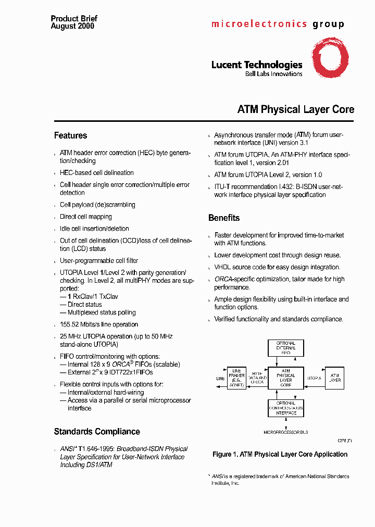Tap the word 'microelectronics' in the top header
pyautogui.click(x=259, y=24)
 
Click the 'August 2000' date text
pyautogui.click(x=72, y=26)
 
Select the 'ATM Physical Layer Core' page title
pyautogui.click(x=295, y=110)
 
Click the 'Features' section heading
pyautogui.click(x=70, y=135)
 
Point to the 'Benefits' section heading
pyautogui.click(x=224, y=218)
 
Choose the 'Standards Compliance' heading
pyautogui.click(x=97, y=432)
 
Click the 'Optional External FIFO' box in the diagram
pyautogui.click(x=285, y=348)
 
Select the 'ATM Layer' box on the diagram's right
pyautogui.click(x=334, y=379)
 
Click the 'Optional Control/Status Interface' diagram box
pyautogui.click(x=285, y=408)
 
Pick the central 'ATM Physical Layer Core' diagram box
pyautogui.click(x=285, y=379)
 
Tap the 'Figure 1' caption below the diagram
pyautogui.click(x=280, y=455)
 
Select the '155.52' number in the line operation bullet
pyautogui.click(x=70, y=324)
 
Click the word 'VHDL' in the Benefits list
pyautogui.click(x=222, y=267)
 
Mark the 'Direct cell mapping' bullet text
pyautogui.click(x=86, y=217)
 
